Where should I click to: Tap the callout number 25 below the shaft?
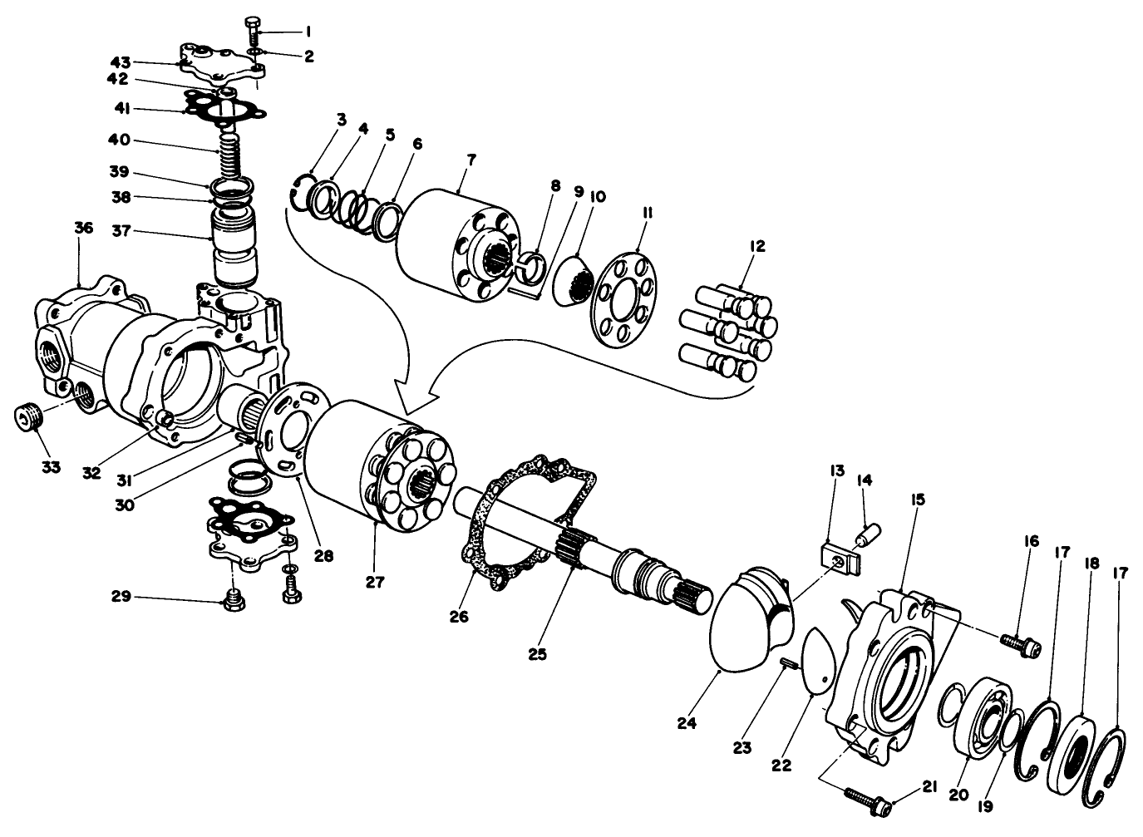[x=538, y=654]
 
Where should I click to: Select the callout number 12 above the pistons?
[x=756, y=246]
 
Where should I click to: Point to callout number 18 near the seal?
[x=1091, y=564]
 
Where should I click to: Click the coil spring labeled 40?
[x=230, y=154]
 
